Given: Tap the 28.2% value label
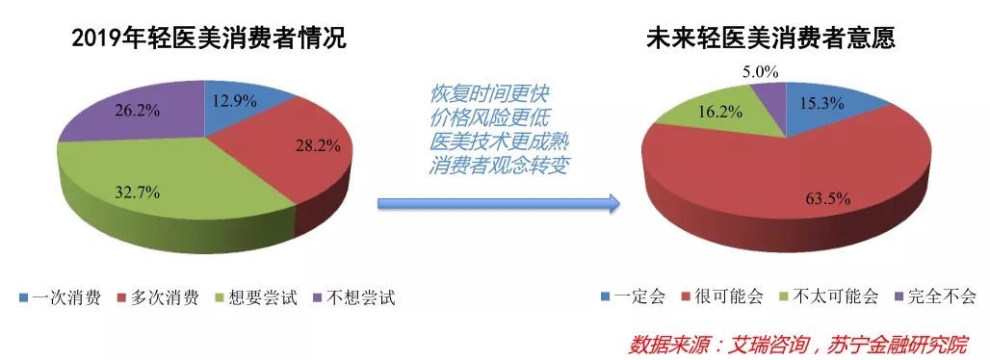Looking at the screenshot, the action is pyautogui.click(x=318, y=146).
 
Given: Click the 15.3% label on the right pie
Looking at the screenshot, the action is pyautogui.click(x=822, y=104).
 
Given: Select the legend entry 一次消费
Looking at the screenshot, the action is pyautogui.click(x=60, y=297).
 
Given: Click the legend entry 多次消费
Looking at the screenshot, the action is pyautogui.click(x=159, y=297).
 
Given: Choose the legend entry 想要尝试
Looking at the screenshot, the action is pyautogui.click(x=257, y=297).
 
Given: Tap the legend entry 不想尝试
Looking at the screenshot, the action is pyautogui.click(x=354, y=297).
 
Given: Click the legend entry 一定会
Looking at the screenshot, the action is pyautogui.click(x=633, y=296).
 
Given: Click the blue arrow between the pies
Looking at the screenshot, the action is pyautogui.click(x=499, y=203).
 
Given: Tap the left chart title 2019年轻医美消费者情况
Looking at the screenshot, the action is pyautogui.click(x=209, y=39).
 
